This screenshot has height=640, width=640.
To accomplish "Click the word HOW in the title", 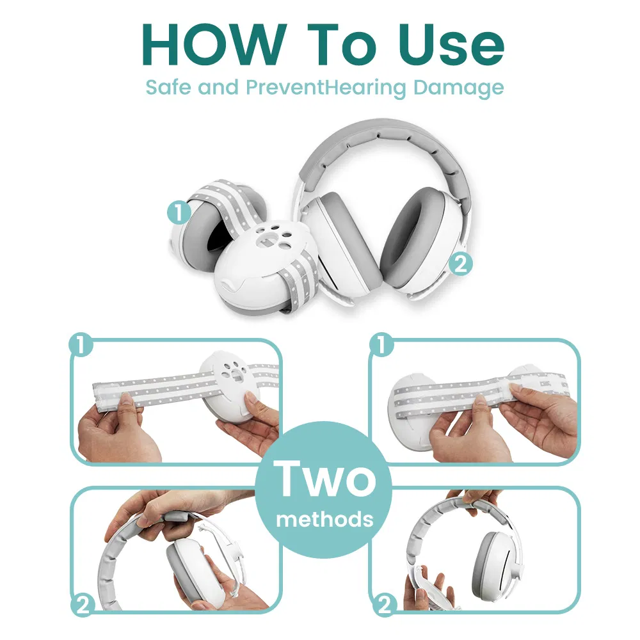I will [x=211, y=44].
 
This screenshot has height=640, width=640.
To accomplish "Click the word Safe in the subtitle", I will [x=168, y=87].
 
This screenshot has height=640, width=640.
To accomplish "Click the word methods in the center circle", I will [x=324, y=518].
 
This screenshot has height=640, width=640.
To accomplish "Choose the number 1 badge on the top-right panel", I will [x=381, y=346].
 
